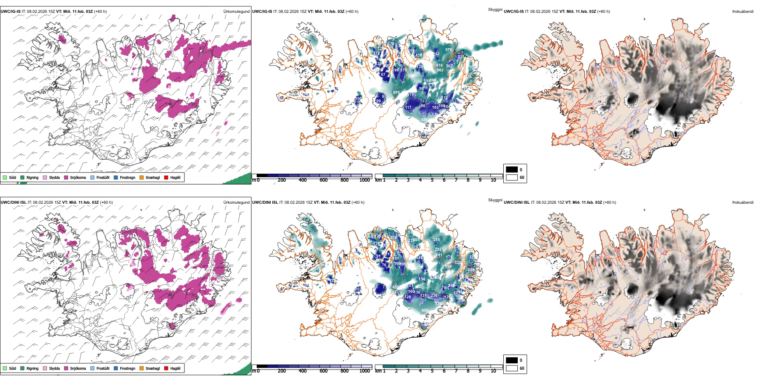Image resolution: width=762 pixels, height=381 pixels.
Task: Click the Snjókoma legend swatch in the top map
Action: click(66, 177)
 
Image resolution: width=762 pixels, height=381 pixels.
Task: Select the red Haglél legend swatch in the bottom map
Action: click(166, 368)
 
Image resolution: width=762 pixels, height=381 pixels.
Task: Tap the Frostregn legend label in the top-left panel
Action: click(128, 177)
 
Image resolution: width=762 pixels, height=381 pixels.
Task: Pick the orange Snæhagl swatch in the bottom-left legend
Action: click(142, 368)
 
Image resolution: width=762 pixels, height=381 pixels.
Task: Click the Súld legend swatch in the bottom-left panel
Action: click(5, 368)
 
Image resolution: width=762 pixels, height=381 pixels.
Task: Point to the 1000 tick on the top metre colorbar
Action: click(365, 180)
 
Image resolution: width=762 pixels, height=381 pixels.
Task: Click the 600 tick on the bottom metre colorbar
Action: click(324, 371)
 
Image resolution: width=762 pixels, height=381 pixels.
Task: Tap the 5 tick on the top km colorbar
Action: click(432, 180)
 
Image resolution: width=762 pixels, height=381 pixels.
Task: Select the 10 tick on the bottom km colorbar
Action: click(493, 371)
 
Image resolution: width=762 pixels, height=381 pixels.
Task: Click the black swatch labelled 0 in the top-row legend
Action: click(512, 170)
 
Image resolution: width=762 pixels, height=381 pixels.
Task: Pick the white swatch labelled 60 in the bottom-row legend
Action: click(512, 368)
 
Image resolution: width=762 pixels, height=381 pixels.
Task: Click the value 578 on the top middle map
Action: click(448, 50)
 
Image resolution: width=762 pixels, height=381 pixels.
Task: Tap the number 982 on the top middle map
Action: click(440, 70)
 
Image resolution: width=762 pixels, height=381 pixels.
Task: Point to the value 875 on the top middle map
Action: click(396, 93)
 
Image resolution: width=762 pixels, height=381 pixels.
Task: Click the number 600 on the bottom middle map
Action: click(425, 310)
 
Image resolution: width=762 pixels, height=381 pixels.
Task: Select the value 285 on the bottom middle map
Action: click(436, 240)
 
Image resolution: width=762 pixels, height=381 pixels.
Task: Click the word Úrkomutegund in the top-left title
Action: click(236, 12)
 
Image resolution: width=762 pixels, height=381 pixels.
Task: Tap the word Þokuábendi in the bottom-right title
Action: click(743, 203)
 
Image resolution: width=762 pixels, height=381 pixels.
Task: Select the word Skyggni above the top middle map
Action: click(495, 9)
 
